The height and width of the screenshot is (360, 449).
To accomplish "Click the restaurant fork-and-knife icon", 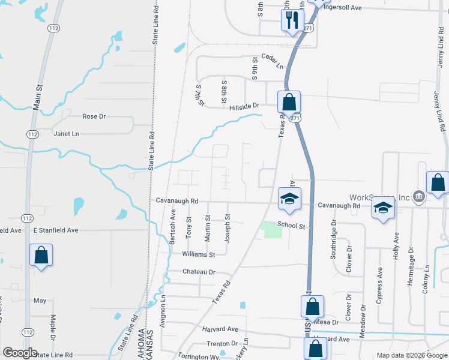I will [292, 20].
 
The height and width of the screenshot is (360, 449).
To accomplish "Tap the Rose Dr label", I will [94, 116].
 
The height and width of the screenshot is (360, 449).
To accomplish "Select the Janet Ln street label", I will [66, 134].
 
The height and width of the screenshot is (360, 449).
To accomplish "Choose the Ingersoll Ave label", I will [343, 8].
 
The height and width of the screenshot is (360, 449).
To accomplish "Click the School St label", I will [292, 226].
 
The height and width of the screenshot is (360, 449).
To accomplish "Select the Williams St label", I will [198, 254].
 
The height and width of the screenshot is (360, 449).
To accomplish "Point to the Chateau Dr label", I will [199, 272].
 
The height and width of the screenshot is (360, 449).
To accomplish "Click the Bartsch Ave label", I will [172, 226].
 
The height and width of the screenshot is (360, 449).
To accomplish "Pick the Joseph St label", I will [228, 229].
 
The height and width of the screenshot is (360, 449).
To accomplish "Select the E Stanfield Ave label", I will [55, 230].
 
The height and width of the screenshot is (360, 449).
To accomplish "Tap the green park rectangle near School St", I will [271, 230].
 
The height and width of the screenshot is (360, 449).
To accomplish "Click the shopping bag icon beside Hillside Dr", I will [289, 103].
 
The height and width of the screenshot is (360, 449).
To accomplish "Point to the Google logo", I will [19, 353].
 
